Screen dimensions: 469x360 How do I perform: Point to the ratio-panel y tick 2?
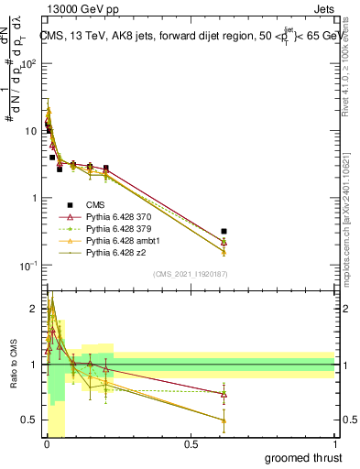pyautogui.click(x=34, y=309)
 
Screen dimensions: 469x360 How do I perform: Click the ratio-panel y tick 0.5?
pyautogui.click(x=30, y=420)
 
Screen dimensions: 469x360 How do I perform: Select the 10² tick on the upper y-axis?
pyautogui.click(x=29, y=64)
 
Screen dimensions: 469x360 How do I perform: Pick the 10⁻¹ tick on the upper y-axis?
pyautogui.click(x=29, y=265)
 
